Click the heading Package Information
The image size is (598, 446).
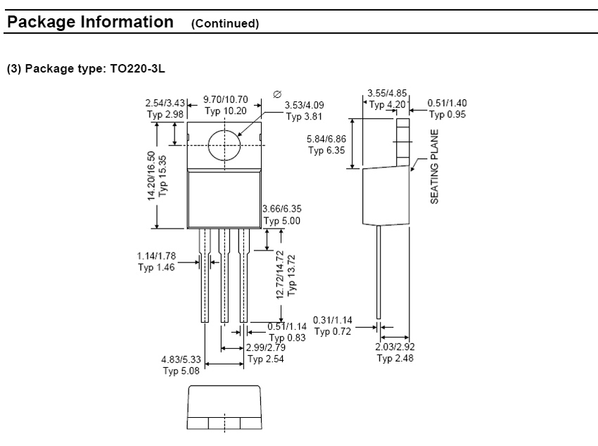click(89, 22)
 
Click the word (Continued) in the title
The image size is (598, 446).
click(225, 23)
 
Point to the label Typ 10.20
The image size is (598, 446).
click(225, 111)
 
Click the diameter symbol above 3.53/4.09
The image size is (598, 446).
click(276, 94)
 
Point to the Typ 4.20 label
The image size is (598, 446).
click(387, 105)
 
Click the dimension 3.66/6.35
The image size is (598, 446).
click(281, 209)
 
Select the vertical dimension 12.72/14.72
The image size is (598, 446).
click(280, 274)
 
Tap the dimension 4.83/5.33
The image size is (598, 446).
click(181, 359)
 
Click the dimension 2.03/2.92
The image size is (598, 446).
click(395, 348)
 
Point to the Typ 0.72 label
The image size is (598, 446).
click(332, 331)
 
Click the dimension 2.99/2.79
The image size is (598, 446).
click(265, 348)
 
